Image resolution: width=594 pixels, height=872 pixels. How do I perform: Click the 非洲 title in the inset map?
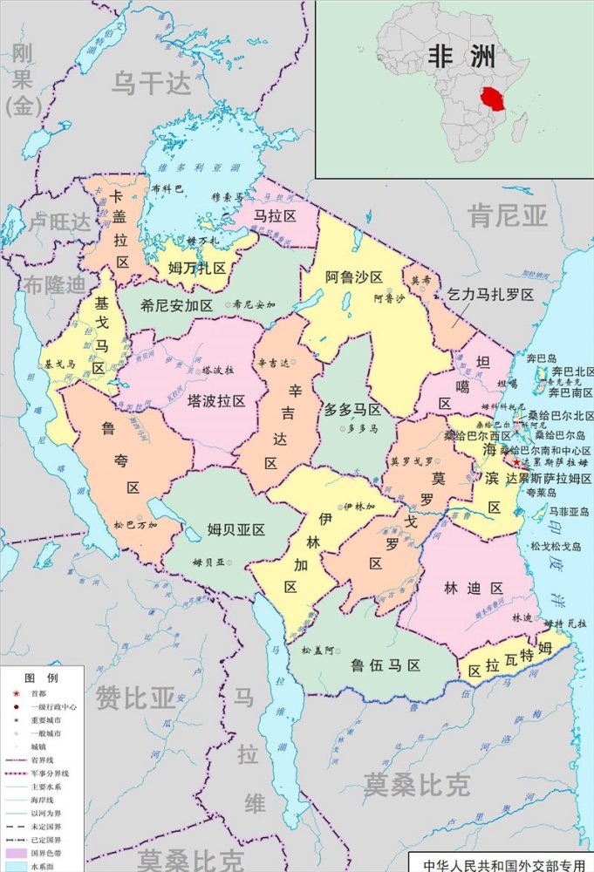[x=461, y=58]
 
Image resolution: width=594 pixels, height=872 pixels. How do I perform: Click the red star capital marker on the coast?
[x=516, y=462]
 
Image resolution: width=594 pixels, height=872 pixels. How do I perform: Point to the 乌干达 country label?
[x=150, y=83]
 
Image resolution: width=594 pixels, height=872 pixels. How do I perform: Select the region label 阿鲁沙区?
[x=354, y=277]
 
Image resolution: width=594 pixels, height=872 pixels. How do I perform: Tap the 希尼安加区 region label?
[x=177, y=305]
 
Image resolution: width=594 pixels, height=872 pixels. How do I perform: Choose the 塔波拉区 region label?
[x=215, y=400]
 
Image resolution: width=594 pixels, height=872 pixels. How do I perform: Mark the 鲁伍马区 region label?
[x=386, y=665]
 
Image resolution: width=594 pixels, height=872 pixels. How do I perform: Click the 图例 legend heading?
[x=42, y=678]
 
